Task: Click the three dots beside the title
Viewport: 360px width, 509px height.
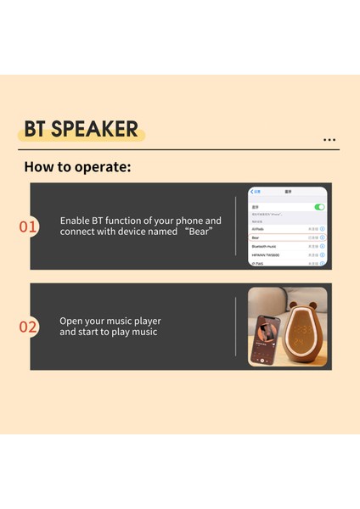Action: pyautogui.click(x=329, y=140)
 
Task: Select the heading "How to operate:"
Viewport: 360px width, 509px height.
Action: pyautogui.click(x=77, y=166)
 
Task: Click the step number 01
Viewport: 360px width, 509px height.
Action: pyautogui.click(x=28, y=227)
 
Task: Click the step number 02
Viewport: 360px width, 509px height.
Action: pyautogui.click(x=28, y=327)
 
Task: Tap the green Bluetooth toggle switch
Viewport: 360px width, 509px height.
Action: pyautogui.click(x=319, y=207)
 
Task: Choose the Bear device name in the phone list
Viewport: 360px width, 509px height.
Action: pyautogui.click(x=256, y=238)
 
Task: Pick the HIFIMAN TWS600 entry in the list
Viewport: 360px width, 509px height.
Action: pyautogui.click(x=266, y=255)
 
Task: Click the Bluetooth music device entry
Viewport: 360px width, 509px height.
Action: pyautogui.click(x=265, y=246)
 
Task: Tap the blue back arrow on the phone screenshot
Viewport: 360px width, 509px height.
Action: pyautogui.click(x=251, y=192)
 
